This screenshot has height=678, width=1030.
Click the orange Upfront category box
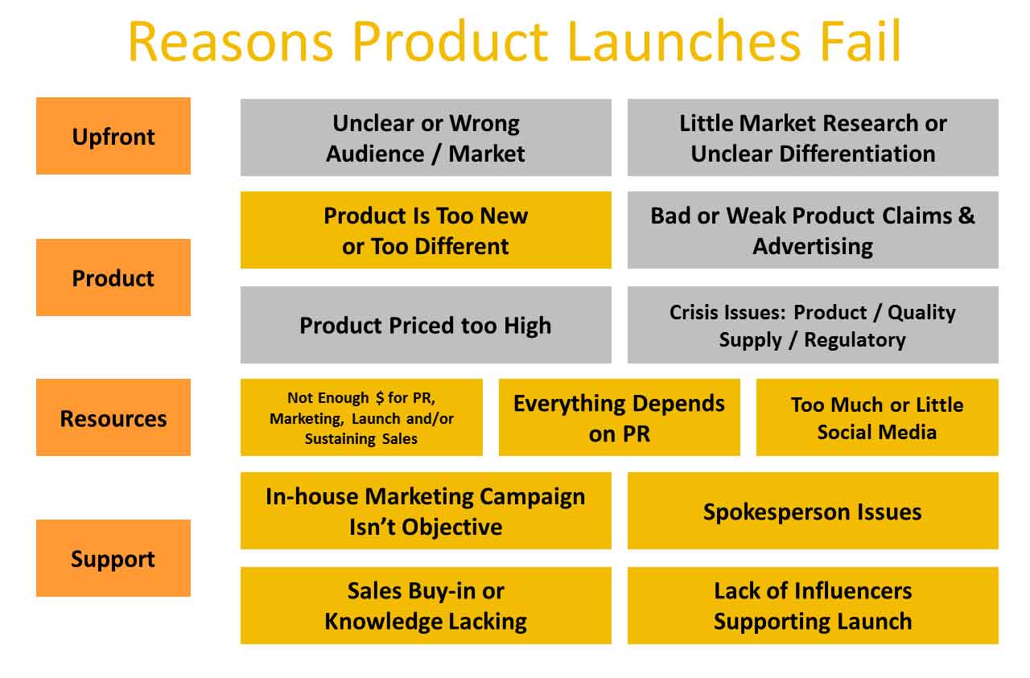pyautogui.click(x=113, y=136)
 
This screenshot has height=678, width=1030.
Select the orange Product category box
pyautogui.click(x=113, y=277)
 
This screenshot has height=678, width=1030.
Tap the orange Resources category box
pyautogui.click(x=113, y=417)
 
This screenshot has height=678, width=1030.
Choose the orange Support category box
pyautogui.click(x=113, y=558)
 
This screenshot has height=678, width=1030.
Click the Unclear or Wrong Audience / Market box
pyautogui.click(x=426, y=138)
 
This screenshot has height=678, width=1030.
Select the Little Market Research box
pyautogui.click(x=813, y=138)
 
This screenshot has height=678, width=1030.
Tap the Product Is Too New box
pyautogui.click(x=426, y=230)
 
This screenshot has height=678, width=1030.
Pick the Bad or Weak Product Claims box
pyautogui.click(x=813, y=230)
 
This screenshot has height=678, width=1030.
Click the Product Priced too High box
pyautogui.click(x=426, y=325)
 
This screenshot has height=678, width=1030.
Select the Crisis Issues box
pyautogui.click(x=813, y=325)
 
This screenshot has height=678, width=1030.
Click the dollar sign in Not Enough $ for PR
pyautogui.click(x=380, y=397)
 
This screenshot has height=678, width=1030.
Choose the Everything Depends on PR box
pyautogui.click(x=620, y=417)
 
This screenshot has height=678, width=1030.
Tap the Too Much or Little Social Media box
pyautogui.click(x=877, y=417)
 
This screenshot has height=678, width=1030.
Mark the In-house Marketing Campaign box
pyautogui.click(x=426, y=511)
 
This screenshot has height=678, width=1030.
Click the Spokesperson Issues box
pyautogui.click(x=813, y=511)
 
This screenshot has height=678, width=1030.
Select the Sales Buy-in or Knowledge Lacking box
pyautogui.click(x=426, y=606)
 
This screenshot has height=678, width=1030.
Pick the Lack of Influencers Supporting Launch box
pyautogui.click(x=813, y=606)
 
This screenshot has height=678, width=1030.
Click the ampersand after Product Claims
pyautogui.click(x=966, y=215)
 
